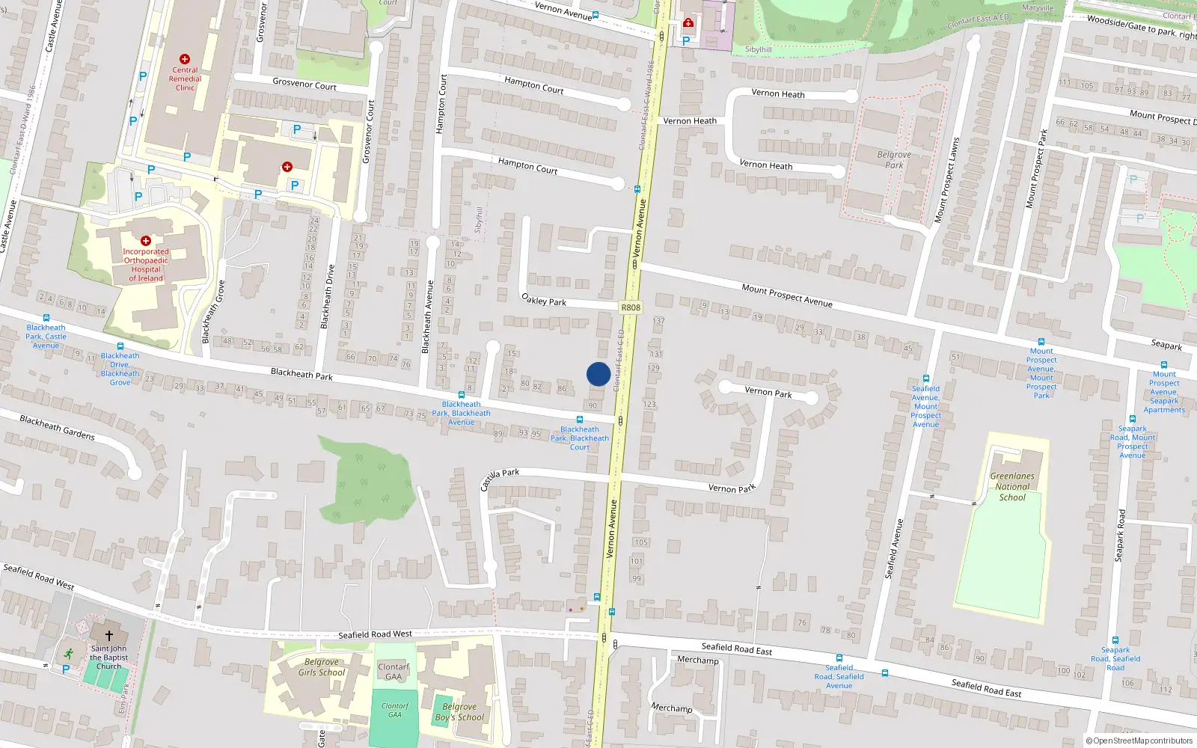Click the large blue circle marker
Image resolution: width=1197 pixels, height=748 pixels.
(x=598, y=374)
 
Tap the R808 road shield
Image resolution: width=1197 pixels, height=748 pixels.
(x=631, y=307)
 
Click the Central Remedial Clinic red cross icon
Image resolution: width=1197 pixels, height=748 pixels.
(x=185, y=59)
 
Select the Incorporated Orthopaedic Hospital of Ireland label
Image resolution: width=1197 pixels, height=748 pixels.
(x=146, y=265)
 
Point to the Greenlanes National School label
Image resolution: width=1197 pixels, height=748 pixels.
(x=1012, y=486)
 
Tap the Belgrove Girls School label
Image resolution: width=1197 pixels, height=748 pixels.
(x=322, y=667)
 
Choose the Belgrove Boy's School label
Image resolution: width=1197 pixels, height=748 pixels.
(x=459, y=712)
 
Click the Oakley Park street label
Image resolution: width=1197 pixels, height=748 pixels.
(x=544, y=300)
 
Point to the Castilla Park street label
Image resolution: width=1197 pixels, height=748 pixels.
(x=499, y=479)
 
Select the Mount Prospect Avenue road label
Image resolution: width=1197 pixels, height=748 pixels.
(x=787, y=295)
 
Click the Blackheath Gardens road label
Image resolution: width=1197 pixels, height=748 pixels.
(x=58, y=427)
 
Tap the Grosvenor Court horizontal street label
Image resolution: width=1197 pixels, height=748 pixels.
(x=304, y=84)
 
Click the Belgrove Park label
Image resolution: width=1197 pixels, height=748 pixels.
(x=894, y=160)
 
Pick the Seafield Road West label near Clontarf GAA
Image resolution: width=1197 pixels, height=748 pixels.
(x=375, y=634)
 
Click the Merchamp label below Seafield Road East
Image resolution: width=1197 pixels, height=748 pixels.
(x=697, y=660)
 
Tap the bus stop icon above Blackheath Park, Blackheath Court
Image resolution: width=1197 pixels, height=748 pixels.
(x=580, y=420)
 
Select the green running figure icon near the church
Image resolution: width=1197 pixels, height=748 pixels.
(x=69, y=653)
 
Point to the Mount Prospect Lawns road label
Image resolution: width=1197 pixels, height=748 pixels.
(x=946, y=180)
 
